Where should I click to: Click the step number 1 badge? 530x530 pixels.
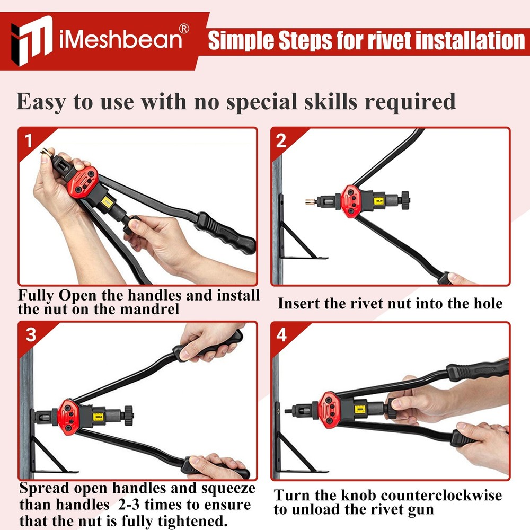29,140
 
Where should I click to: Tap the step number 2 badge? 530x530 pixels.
281,140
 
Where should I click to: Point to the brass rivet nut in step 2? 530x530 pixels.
311,202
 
